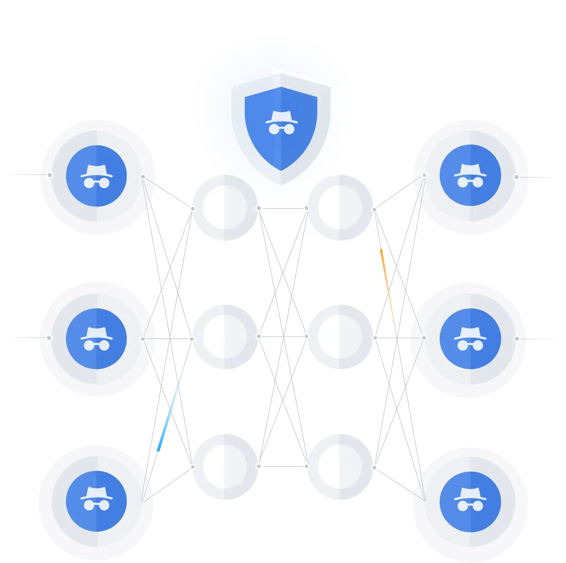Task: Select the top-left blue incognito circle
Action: [96, 176]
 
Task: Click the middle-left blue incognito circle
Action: [96, 339]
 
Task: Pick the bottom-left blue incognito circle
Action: [96, 501]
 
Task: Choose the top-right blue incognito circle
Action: [470, 175]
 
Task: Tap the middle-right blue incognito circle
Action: [470, 339]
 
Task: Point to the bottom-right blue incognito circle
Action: [470, 501]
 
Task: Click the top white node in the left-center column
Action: [225, 207]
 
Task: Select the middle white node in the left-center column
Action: [225, 337]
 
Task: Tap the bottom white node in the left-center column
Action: [225, 466]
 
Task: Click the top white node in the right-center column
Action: [340, 206]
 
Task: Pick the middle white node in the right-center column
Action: [340, 337]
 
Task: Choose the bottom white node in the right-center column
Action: [340, 466]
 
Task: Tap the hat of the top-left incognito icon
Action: [96, 170]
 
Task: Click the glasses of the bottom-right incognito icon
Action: [470, 506]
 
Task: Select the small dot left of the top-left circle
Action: [49, 175]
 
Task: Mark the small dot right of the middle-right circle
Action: [517, 339]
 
